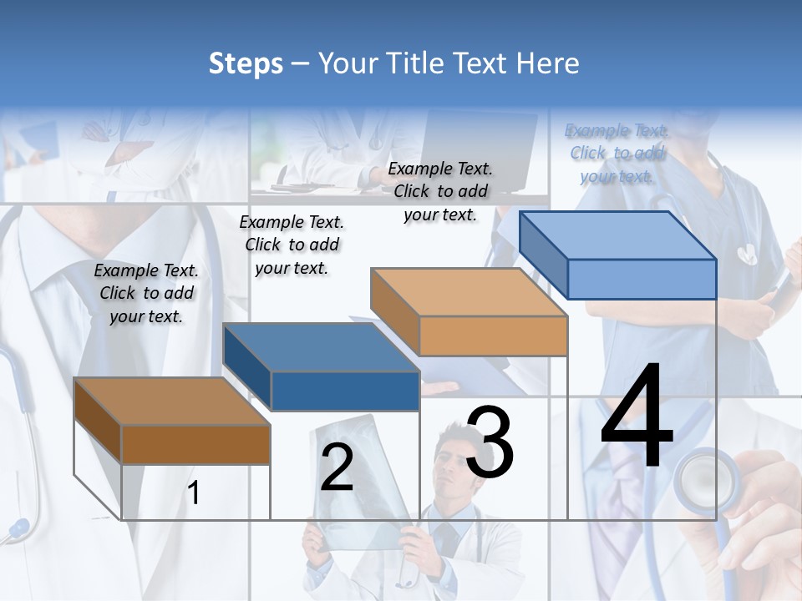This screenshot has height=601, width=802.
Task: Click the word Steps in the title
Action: [x=245, y=63]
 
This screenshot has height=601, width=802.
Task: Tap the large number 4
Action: [x=637, y=417]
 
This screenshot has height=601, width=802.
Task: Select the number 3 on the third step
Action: [x=490, y=443]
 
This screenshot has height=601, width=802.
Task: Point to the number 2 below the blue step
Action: [x=337, y=468]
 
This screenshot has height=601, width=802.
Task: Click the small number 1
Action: [x=193, y=493]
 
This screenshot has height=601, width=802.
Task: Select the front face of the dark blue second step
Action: [x=345, y=391]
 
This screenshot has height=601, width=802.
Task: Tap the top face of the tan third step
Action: [x=468, y=292]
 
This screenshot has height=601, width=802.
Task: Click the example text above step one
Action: [x=146, y=293]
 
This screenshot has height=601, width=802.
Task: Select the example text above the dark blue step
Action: [x=292, y=245]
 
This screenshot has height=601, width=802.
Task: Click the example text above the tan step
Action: [x=440, y=191]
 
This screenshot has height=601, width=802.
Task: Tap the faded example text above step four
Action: [x=617, y=153]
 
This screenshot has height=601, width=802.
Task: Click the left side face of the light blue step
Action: [x=544, y=255]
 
